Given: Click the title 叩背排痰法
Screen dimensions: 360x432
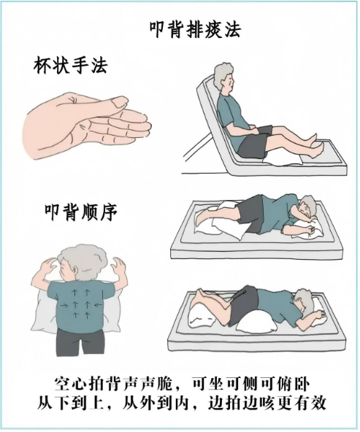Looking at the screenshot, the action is click(x=195, y=29).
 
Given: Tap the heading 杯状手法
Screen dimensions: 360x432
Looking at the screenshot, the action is click(x=71, y=65).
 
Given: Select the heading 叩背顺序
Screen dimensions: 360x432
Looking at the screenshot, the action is click(x=81, y=212).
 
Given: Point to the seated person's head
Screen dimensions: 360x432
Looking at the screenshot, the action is click(x=225, y=77).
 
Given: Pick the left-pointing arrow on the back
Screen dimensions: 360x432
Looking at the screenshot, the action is click(x=98, y=304).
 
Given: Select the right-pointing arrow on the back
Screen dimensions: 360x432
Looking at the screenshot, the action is click(x=64, y=305).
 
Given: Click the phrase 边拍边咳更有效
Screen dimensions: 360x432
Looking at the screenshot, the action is click(x=267, y=404).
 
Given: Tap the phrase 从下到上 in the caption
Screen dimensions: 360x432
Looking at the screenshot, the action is click(x=71, y=404).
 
